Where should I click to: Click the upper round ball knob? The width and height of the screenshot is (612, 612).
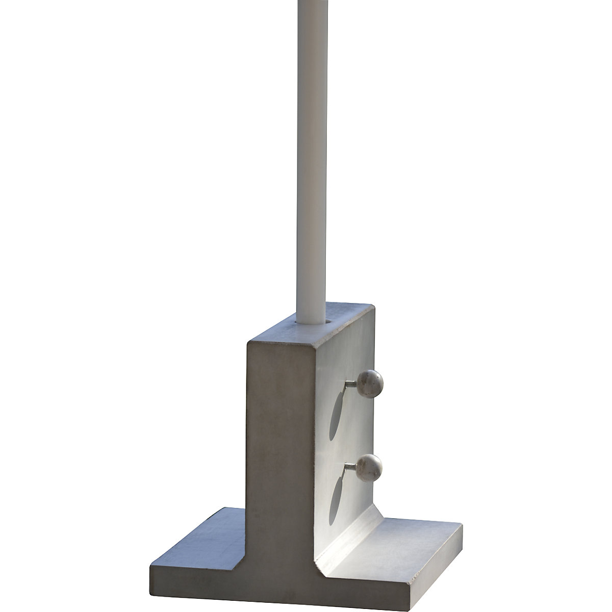370,382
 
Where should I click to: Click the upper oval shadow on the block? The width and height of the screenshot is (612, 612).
335,416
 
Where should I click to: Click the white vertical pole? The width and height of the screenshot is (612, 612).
311,153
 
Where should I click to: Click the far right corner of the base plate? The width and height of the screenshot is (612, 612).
462,525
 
